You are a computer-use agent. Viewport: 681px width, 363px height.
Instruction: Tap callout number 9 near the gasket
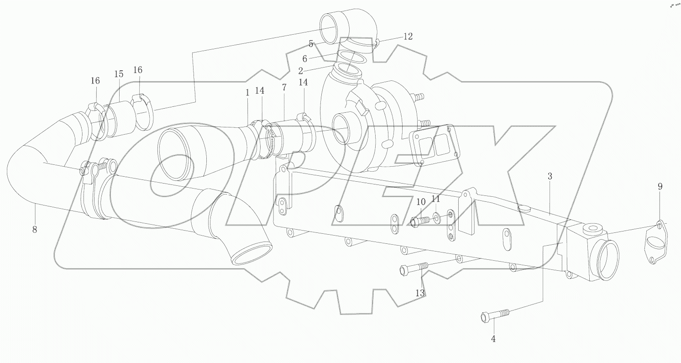[x=660, y=186]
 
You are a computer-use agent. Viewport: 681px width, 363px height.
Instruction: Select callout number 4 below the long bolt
[x=493, y=339]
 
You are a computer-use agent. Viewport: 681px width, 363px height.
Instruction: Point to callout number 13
[x=420, y=293]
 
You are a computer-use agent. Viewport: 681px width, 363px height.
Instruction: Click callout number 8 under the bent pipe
[x=35, y=230]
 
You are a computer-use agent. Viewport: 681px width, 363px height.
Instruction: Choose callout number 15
[x=119, y=74]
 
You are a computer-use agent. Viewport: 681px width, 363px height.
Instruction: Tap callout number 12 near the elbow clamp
[x=408, y=37]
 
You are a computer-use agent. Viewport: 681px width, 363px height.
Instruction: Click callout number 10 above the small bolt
[x=421, y=201]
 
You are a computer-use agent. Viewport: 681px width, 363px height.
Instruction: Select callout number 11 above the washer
[x=436, y=199]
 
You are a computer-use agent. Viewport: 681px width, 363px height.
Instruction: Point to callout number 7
[x=284, y=87]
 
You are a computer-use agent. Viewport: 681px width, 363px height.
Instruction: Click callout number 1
[x=247, y=92]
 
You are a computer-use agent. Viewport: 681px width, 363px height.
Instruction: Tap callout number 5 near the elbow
[x=311, y=44]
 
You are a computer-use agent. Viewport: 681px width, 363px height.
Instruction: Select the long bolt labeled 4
[x=495, y=315]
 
